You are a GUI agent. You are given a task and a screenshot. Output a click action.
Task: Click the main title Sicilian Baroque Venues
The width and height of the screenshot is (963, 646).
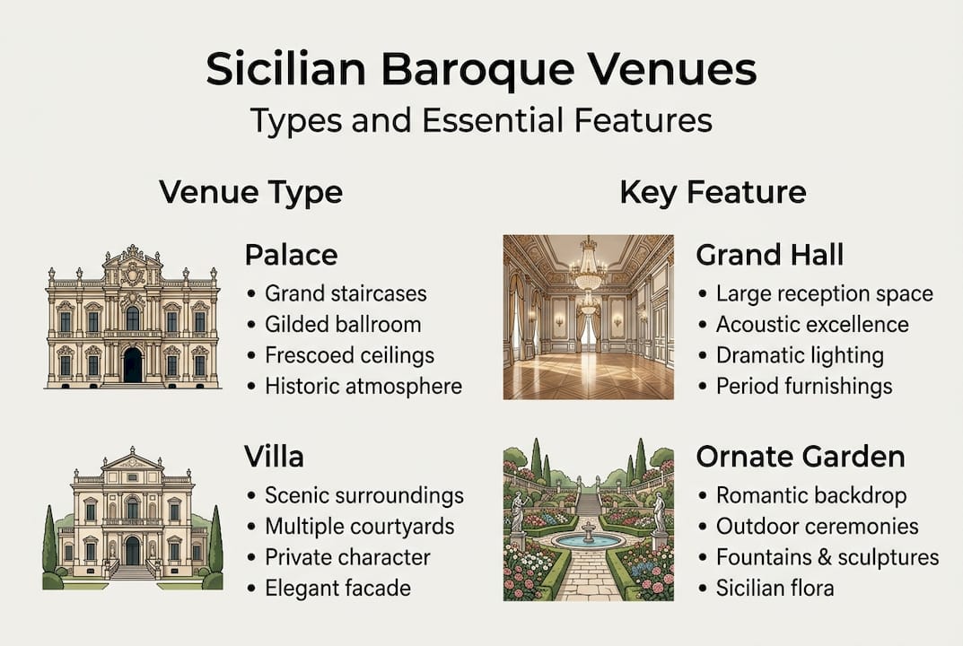click(x=481, y=70)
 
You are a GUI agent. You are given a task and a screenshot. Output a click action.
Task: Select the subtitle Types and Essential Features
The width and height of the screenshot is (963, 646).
click(x=481, y=119)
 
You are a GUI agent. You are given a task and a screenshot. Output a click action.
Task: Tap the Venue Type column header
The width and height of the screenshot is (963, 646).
click(x=250, y=192)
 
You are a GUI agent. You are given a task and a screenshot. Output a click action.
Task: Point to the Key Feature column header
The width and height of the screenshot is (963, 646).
click(x=712, y=192)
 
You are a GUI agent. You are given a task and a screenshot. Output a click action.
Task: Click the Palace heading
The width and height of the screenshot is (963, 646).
click(x=291, y=255)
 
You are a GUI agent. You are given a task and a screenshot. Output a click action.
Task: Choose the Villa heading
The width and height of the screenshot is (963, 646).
click(x=274, y=457)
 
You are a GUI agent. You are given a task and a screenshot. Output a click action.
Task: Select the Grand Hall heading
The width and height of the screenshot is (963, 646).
click(x=769, y=255)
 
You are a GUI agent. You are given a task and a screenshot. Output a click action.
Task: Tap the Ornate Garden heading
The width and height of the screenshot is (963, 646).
click(x=800, y=457)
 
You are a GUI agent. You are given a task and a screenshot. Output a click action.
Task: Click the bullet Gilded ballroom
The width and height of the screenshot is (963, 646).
click(x=343, y=324)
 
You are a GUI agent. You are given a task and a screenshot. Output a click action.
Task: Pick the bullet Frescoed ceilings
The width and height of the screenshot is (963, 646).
click(x=349, y=355)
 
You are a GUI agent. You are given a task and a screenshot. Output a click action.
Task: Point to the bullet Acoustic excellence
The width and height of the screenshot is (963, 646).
click(x=811, y=324)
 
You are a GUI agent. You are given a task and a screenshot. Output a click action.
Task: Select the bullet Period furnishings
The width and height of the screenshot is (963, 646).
click(x=803, y=386)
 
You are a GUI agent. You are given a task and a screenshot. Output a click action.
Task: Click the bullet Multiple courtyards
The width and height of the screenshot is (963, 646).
click(x=359, y=526)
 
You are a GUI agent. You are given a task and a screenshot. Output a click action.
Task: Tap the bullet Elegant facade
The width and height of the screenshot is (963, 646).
click(x=337, y=589)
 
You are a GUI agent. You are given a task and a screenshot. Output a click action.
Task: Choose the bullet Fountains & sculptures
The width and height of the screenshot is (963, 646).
click(x=827, y=557)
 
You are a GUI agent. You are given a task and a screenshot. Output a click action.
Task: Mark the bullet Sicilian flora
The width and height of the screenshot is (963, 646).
click(x=775, y=589)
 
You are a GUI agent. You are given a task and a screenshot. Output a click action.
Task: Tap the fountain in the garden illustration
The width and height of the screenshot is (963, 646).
click(x=588, y=537)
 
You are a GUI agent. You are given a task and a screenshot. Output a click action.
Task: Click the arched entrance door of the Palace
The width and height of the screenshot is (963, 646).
click(x=133, y=365)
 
